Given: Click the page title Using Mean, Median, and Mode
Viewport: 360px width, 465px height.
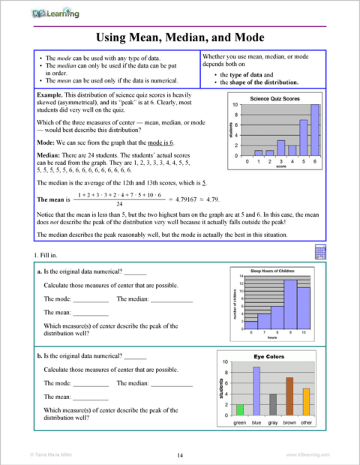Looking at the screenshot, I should pyautogui.click(x=180, y=37).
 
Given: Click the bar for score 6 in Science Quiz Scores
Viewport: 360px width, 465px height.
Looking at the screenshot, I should pyautogui.click(x=315, y=130).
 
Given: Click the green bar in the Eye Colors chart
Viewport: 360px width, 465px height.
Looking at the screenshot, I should pyautogui.click(x=240, y=409).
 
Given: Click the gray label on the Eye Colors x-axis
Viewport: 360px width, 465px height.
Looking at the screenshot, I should pyautogui.click(x=273, y=424).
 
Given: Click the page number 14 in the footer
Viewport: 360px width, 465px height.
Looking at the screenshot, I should pyautogui.click(x=180, y=455).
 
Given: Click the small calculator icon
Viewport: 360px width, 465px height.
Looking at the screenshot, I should pyautogui.click(x=320, y=250).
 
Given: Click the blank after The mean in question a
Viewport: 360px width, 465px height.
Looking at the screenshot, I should pyautogui.click(x=90, y=313).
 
